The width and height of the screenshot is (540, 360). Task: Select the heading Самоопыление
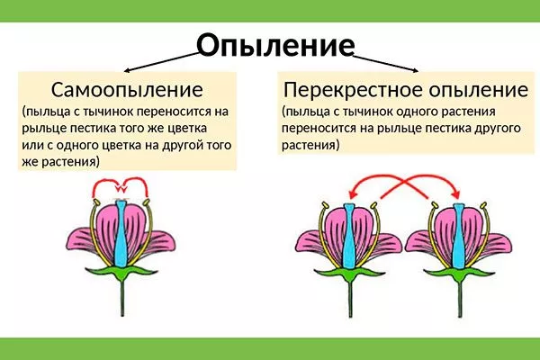coord(126,90)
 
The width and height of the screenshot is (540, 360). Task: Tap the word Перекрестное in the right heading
coord(345,90)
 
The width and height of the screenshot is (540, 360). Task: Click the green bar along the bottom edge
coord(270,349)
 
